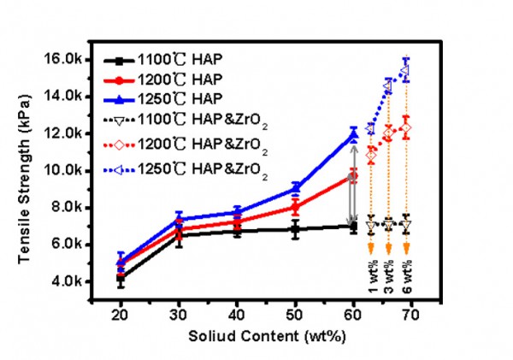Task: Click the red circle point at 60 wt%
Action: click(x=354, y=175)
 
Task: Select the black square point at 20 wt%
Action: click(x=121, y=278)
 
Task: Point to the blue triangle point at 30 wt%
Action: click(x=179, y=218)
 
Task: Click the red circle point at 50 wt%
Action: click(x=296, y=206)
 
